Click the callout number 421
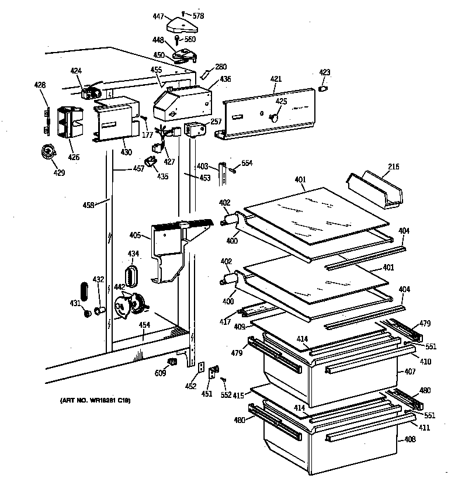coord(276,79)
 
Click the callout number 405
coord(134,235)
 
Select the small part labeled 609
coord(172,363)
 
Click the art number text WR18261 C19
coord(95,400)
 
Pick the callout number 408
coord(410,439)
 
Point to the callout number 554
coord(247,163)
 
